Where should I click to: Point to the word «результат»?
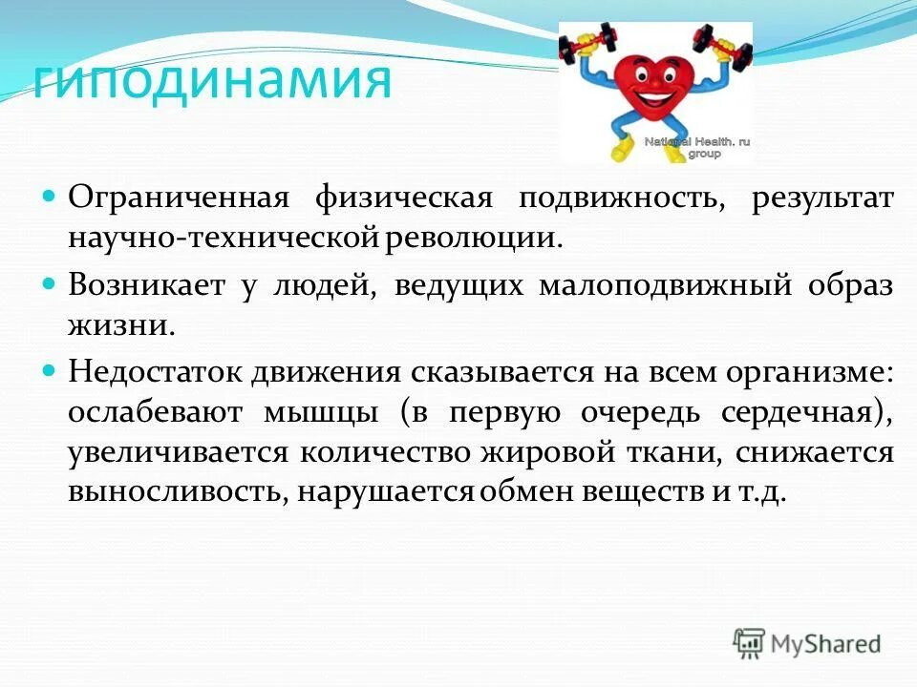point(822,198)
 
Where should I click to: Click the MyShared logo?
point(807,643)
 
